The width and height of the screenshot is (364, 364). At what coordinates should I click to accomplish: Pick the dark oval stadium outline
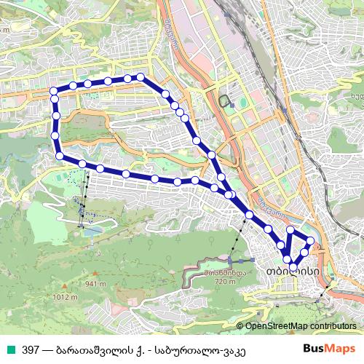tap(223, 100)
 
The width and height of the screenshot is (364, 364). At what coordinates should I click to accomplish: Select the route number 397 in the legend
tap(30, 349)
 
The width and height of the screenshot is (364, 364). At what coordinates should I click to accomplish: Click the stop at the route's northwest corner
tap(53, 91)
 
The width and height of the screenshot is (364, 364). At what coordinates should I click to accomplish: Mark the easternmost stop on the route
tap(311, 240)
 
